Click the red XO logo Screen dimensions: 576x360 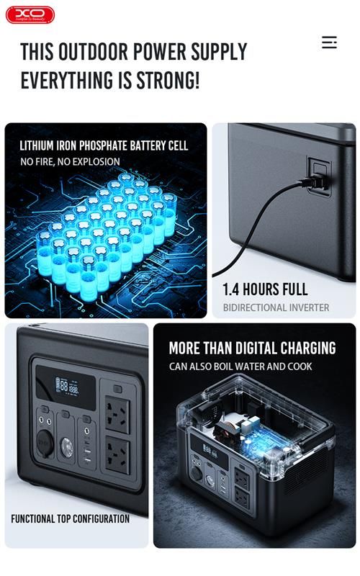(x=30, y=14)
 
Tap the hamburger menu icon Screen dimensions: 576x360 (x=329, y=42)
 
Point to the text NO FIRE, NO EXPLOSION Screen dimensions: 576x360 (x=70, y=162)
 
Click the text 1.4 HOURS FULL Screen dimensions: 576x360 (x=265, y=289)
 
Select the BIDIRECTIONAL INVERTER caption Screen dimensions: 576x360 (x=276, y=307)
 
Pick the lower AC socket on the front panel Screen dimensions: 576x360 (x=117, y=455)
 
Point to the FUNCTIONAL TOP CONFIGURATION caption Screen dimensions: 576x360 (x=70, y=518)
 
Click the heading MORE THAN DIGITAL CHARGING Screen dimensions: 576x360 (x=252, y=348)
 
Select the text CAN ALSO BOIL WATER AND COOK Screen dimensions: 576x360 (x=241, y=366)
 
